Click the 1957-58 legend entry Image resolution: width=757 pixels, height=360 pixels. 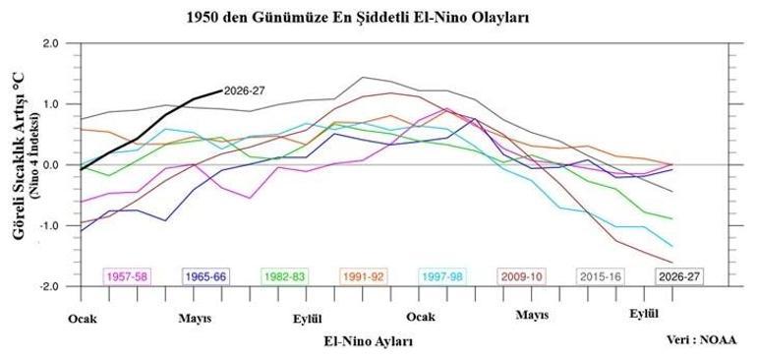128,277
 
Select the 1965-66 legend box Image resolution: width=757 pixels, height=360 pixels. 206,277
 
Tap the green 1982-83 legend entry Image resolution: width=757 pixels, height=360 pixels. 285,277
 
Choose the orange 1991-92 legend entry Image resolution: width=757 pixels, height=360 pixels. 364,277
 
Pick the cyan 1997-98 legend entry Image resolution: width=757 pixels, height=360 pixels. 442,277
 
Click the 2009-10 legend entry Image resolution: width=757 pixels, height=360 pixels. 521,277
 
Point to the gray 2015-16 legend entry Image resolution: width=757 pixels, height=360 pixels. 601,277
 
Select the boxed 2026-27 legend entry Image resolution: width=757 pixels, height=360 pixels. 679,277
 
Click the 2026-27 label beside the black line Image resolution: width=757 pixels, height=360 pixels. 244,90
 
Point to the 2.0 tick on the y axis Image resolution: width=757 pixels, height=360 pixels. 62,43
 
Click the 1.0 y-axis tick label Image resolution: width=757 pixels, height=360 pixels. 62,104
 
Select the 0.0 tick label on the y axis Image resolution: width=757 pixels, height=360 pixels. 62,165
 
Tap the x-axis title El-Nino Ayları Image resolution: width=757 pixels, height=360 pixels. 369,341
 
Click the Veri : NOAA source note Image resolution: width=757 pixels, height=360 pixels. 702,339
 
